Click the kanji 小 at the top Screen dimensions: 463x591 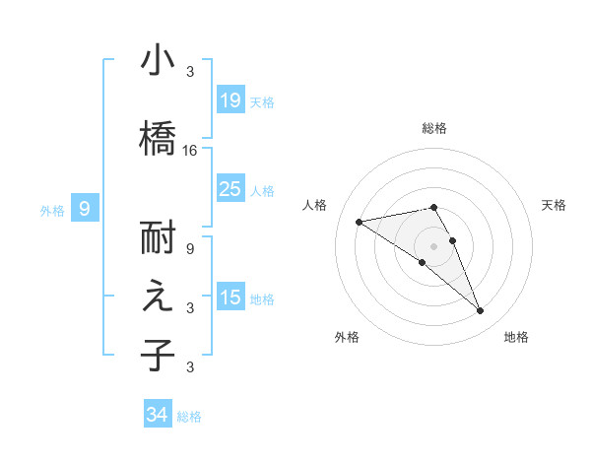pyautogui.click(x=158, y=60)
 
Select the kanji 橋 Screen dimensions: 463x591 pyautogui.click(x=158, y=137)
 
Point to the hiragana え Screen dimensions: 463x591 pyautogui.click(x=158, y=298)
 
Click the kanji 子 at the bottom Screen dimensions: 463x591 pyautogui.click(x=158, y=354)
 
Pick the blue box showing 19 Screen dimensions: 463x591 pyautogui.click(x=230, y=100)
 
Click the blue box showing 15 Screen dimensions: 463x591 pyautogui.click(x=230, y=298)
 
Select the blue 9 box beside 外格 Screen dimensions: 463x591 pyautogui.click(x=85, y=209)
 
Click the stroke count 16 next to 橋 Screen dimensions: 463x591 pyautogui.click(x=191, y=151)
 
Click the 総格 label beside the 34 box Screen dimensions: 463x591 pyautogui.click(x=190, y=417)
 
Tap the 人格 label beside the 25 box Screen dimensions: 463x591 pyautogui.click(x=262, y=190)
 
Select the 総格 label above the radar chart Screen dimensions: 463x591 pyautogui.click(x=434, y=128)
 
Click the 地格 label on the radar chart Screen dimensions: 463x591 pyautogui.click(x=517, y=337)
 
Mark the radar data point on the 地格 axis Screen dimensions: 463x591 pyautogui.click(x=481, y=311)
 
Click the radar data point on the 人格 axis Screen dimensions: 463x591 pyautogui.click(x=360, y=222)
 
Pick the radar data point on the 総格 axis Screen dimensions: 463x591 pyautogui.click(x=433, y=207)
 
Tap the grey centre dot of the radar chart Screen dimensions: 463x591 pyautogui.click(x=433, y=245)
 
